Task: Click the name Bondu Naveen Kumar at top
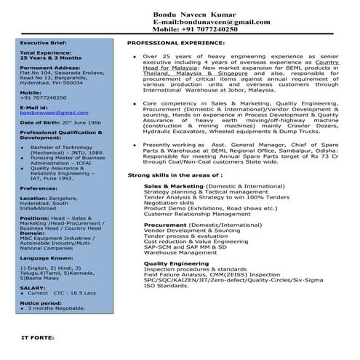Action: pos(193,15)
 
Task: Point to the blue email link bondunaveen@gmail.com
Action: pos(49,113)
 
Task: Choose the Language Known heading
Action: pos(45,257)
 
